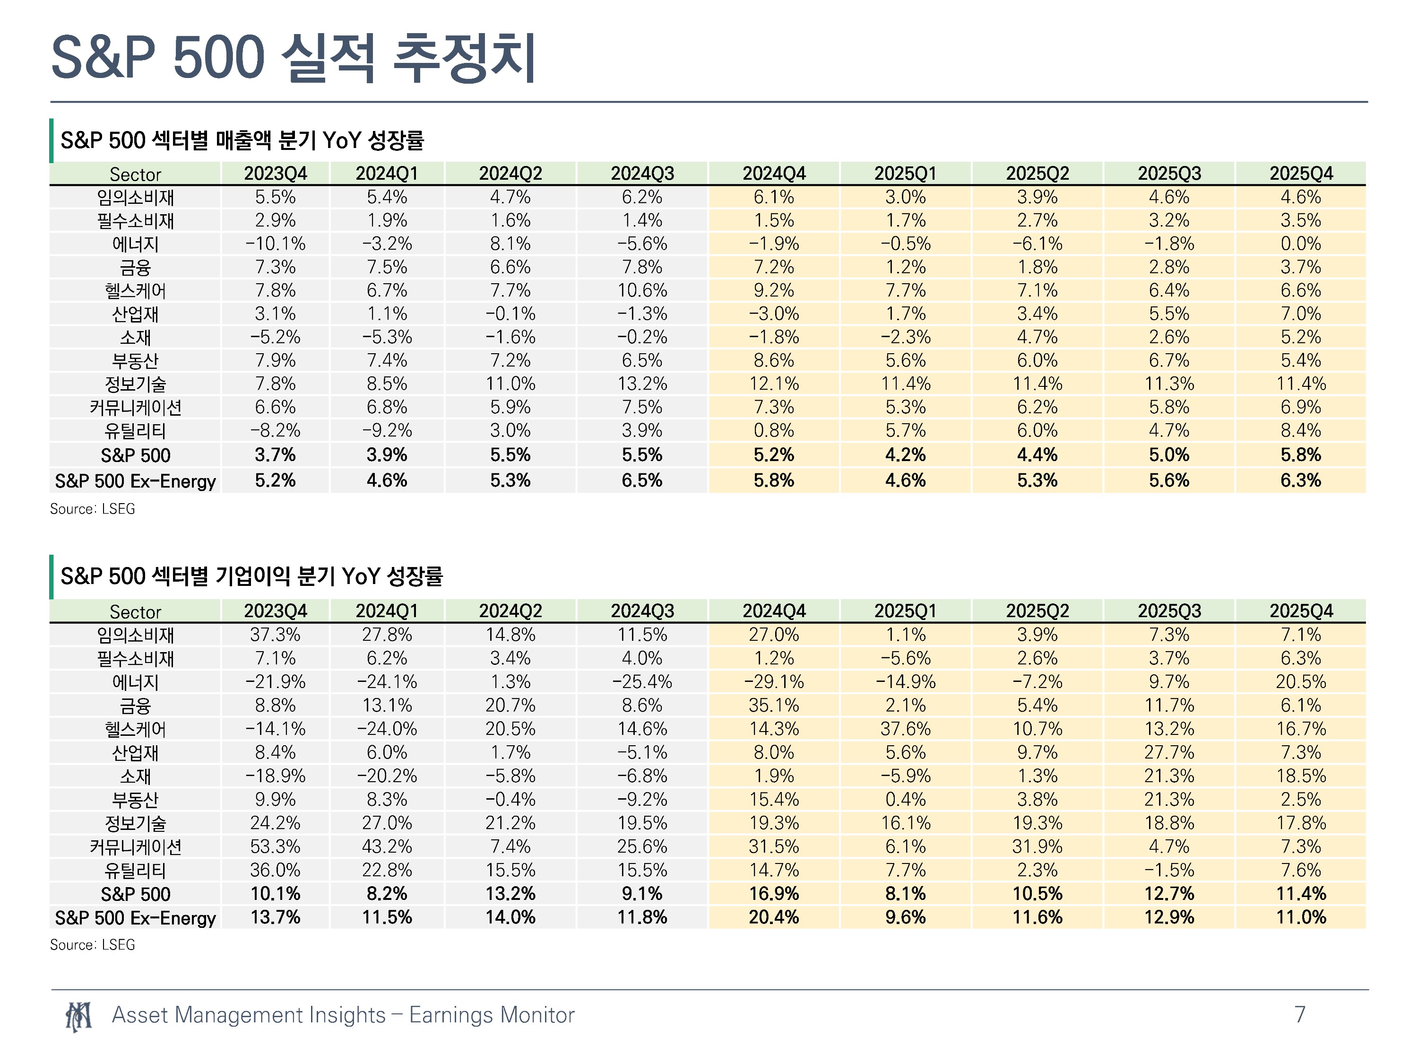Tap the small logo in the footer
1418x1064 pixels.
pyautogui.click(x=78, y=1016)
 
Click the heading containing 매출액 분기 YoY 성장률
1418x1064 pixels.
pyautogui.click(x=242, y=140)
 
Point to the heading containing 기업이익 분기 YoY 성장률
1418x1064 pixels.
pyautogui.click(x=251, y=576)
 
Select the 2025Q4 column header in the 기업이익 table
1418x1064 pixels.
pyautogui.click(x=1301, y=610)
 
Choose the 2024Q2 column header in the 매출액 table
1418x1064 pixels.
pyautogui.click(x=510, y=173)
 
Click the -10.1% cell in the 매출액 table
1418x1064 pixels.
pyautogui.click(x=275, y=244)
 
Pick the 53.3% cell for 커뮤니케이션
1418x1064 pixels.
pyautogui.click(x=275, y=846)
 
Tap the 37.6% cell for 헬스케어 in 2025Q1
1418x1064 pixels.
pyautogui.click(x=905, y=729)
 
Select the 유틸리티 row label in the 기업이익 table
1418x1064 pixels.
pyautogui.click(x=135, y=870)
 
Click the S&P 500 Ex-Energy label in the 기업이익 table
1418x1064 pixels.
pyautogui.click(x=135, y=918)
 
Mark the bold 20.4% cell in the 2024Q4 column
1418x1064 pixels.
pyautogui.click(x=774, y=917)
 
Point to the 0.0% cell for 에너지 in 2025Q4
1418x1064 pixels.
pyautogui.click(x=1301, y=244)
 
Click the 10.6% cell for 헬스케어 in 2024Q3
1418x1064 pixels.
pyautogui.click(x=642, y=290)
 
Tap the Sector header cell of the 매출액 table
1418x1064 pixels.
pyautogui.click(x=135, y=174)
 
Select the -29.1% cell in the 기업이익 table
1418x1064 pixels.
pyautogui.click(x=774, y=682)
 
